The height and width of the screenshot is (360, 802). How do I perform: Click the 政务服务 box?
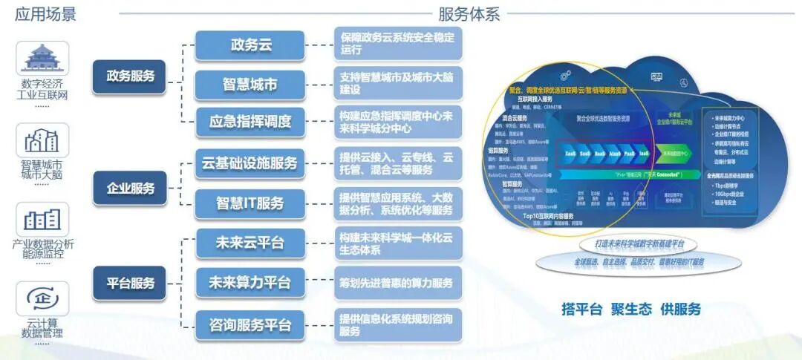tap(131, 76)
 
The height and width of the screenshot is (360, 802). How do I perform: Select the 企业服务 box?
tap(131, 188)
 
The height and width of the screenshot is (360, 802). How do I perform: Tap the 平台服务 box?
tap(131, 283)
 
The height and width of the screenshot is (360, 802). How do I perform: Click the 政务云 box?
tap(250, 45)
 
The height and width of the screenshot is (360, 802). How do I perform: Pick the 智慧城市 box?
tap(250, 85)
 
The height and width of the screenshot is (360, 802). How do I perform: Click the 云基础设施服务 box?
tap(250, 163)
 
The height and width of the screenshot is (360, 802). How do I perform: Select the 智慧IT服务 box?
tap(250, 203)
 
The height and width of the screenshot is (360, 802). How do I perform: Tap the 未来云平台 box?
tap(250, 243)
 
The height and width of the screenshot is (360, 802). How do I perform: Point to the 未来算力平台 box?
tap(250, 283)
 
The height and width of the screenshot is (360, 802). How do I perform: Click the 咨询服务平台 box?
tap(250, 325)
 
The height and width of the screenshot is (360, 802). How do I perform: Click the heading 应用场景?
tap(45, 13)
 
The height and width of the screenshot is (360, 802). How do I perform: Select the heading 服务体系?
tap(469, 13)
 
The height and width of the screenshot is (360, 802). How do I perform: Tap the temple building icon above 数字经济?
tap(42, 59)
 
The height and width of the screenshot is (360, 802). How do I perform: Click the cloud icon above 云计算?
tap(42, 298)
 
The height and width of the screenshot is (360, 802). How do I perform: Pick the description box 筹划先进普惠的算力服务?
tap(397, 283)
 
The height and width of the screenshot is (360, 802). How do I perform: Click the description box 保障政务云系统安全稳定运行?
tap(397, 43)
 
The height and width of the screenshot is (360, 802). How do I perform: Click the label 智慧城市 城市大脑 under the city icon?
tap(42, 170)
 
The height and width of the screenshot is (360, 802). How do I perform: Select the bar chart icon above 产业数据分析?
tap(42, 219)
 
